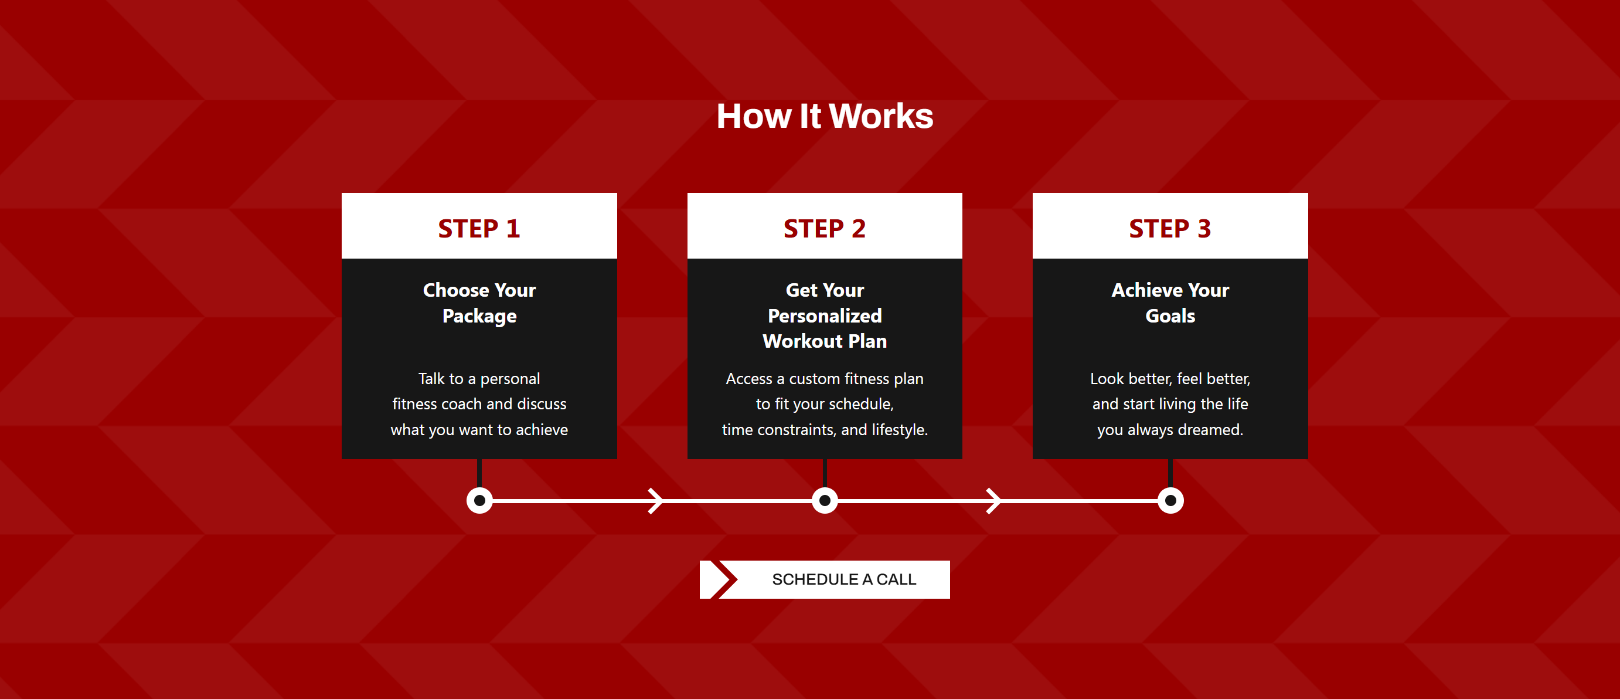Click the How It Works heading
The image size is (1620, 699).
tap(825, 116)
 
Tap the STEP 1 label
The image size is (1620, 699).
tap(479, 228)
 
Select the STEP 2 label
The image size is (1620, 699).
tap(824, 228)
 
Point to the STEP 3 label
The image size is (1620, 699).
tap(1169, 228)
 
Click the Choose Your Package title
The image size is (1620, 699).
tap(479, 303)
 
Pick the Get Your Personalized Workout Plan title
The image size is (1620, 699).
tap(824, 315)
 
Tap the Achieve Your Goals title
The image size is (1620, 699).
tap(1169, 303)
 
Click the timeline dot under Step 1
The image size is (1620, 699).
tap(479, 501)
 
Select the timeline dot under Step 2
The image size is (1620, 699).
tap(825, 501)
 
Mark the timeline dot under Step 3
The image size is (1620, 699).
tap(1170, 501)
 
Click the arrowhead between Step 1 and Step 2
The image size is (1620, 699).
tap(655, 501)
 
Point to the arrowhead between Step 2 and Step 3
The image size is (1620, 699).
tap(993, 501)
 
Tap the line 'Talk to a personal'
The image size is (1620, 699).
tap(479, 379)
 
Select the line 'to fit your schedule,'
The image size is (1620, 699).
tap(824, 404)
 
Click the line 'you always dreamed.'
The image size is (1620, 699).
tap(1169, 430)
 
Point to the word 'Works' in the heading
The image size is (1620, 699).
tap(881, 116)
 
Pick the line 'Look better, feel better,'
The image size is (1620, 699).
tap(1169, 379)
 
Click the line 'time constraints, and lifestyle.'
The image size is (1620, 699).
tap(824, 430)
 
